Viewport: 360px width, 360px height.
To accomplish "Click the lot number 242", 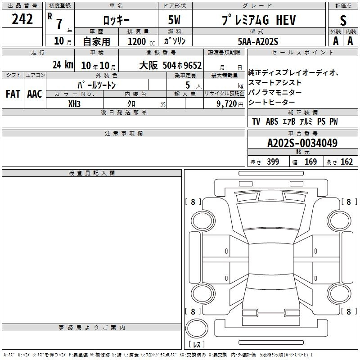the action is coord(22,19).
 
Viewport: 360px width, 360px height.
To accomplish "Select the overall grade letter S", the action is coord(343,20).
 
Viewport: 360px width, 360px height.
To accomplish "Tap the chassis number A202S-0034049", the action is coord(302,143).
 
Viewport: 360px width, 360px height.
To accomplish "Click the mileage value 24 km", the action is coord(63,65).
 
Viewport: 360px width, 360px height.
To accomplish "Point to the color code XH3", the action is coord(74,104).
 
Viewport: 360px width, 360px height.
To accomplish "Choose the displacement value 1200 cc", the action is coord(141,41).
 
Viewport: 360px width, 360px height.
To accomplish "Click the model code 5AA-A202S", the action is coord(258,41).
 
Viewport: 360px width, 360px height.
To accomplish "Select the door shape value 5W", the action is coord(174,20).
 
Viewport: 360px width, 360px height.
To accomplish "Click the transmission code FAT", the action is coord(13,94).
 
